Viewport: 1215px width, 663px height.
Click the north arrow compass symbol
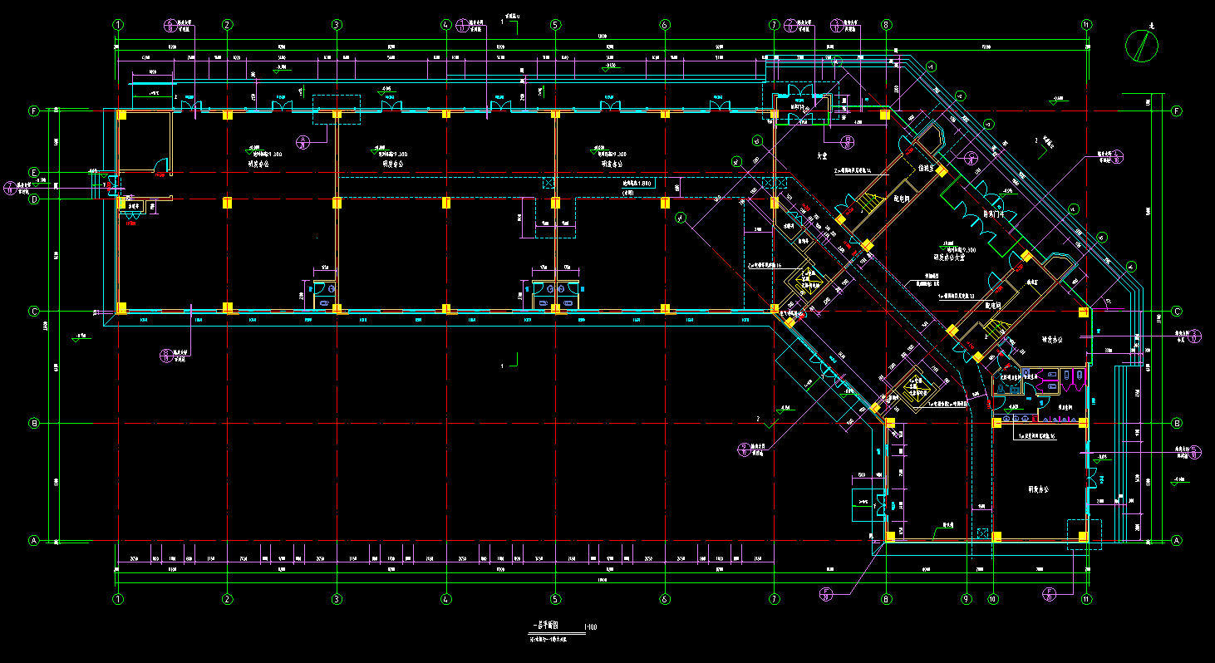[x=1142, y=46]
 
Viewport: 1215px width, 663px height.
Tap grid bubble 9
[x=966, y=598]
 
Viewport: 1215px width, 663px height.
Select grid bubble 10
[x=992, y=598]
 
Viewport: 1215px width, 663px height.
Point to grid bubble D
[x=34, y=199]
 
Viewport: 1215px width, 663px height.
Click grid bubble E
[x=34, y=172]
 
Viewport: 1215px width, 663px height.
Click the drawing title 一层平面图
[x=545, y=626]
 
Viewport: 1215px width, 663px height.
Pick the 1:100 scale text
[x=590, y=626]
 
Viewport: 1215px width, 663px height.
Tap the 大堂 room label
[x=823, y=155]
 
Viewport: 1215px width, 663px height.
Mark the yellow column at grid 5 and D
[x=555, y=202]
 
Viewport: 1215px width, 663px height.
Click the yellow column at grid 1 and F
[x=121, y=115]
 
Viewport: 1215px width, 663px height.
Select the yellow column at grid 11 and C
[x=1083, y=312]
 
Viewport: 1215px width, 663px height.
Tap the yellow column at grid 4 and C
[x=446, y=309]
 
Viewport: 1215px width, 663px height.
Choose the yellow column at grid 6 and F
[x=665, y=114]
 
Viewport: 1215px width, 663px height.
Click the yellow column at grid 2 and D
[x=227, y=202]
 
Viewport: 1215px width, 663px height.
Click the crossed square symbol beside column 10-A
[x=982, y=534]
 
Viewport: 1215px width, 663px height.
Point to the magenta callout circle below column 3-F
[x=304, y=142]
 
